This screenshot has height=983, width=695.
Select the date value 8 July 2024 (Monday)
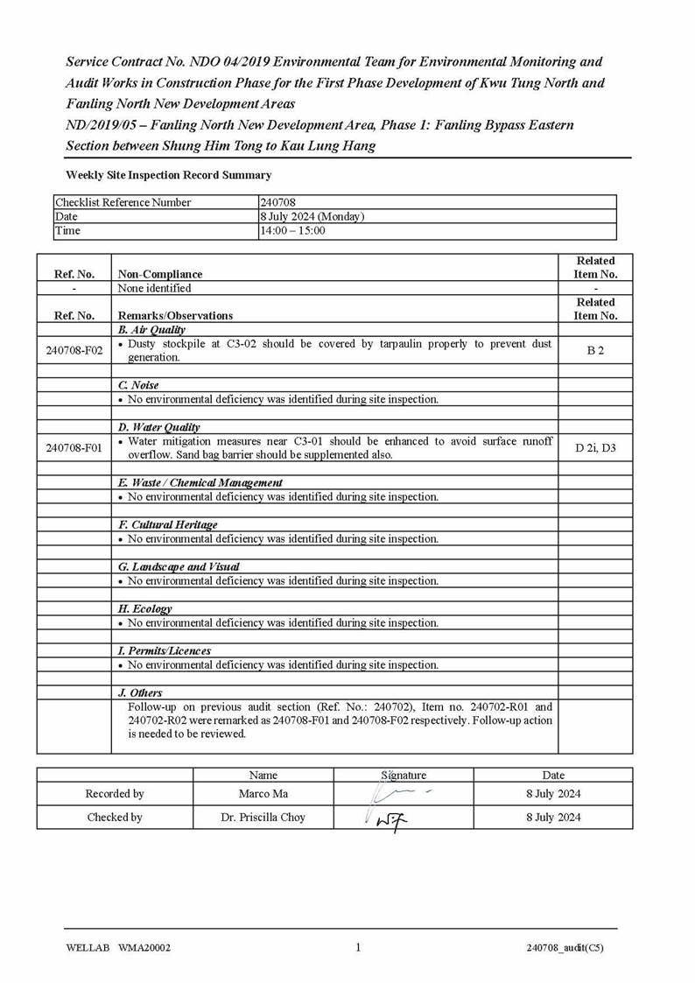pos(312,216)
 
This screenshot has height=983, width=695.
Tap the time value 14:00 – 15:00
pos(292,230)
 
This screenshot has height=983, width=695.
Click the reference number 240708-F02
pos(74,351)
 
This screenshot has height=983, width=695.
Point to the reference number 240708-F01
pos(74,448)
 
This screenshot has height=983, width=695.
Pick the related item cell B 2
pos(595,351)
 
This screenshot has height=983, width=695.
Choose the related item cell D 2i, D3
pos(595,448)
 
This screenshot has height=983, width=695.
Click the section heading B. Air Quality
pos(151,330)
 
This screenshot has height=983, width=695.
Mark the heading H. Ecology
pos(144,608)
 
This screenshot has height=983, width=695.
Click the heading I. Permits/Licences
pos(164,650)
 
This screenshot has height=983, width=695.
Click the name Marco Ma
pos(263,794)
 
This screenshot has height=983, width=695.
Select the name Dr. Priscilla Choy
pos(263,818)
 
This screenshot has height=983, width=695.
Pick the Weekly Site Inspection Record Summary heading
pos(168,175)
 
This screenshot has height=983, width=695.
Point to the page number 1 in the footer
pos(358,947)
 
